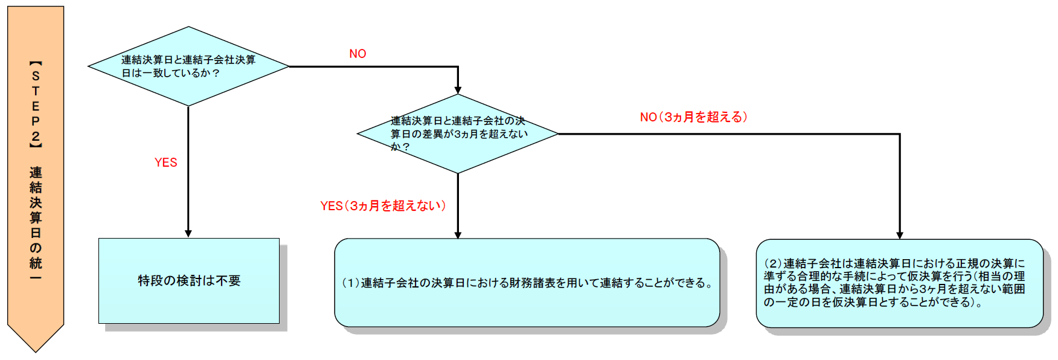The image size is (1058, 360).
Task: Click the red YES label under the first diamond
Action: pyautogui.click(x=165, y=162)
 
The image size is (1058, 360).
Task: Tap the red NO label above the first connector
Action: pyautogui.click(x=357, y=54)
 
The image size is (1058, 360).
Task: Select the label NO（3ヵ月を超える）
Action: pyautogui.click(x=693, y=117)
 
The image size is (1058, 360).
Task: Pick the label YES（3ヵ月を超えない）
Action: pyautogui.click(x=383, y=206)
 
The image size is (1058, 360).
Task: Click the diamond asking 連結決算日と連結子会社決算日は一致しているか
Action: pyautogui.click(x=188, y=66)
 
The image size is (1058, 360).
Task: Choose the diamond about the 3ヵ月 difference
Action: pyautogui.click(x=458, y=133)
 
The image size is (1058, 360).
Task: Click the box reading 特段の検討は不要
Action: pyautogui.click(x=189, y=281)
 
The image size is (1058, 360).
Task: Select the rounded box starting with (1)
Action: pyautogui.click(x=527, y=283)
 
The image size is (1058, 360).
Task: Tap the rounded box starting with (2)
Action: pyautogui.click(x=899, y=283)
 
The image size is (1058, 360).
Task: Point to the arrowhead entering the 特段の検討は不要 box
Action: pyautogui.click(x=188, y=234)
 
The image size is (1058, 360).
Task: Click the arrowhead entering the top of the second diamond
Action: pyautogui.click(x=458, y=89)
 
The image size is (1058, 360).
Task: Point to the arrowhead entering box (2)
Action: pyautogui.click(x=900, y=235)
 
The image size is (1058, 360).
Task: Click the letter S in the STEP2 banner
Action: pyautogui.click(x=36, y=76)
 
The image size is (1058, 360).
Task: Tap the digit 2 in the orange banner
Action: pyautogui.click(x=36, y=137)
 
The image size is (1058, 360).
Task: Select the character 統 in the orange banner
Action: pyautogui.click(x=36, y=263)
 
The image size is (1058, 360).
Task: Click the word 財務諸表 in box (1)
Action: pyautogui.click(x=526, y=283)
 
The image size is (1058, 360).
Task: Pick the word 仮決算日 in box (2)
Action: pyautogui.click(x=855, y=302)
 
